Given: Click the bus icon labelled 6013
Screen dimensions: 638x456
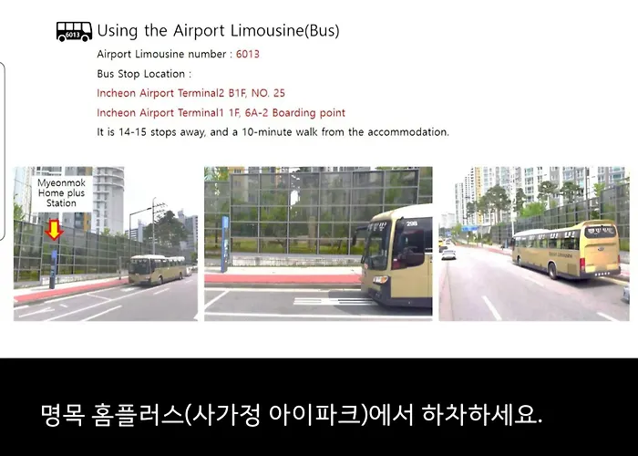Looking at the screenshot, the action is pos(74,32).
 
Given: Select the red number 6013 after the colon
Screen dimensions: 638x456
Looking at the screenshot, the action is pos(247,54).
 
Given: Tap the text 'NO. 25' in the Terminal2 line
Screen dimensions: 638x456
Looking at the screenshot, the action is pos(268,93).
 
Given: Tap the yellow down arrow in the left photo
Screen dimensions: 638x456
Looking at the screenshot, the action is pos(54,229).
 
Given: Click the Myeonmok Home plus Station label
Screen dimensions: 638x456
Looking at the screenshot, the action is pos(61,193).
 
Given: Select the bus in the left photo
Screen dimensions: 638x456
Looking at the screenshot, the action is pos(158,270).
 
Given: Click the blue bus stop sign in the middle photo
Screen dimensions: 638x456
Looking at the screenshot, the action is pos(224,244).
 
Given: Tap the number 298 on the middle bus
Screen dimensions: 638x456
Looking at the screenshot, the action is pos(411,223).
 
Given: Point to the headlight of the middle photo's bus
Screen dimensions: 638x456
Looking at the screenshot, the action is pos(381,279).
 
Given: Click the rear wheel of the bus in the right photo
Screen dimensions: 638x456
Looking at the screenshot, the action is pos(553,270).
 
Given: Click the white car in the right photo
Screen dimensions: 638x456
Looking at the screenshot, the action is pos(448,254).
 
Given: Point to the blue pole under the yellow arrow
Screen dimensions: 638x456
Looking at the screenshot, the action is pos(53,269).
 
